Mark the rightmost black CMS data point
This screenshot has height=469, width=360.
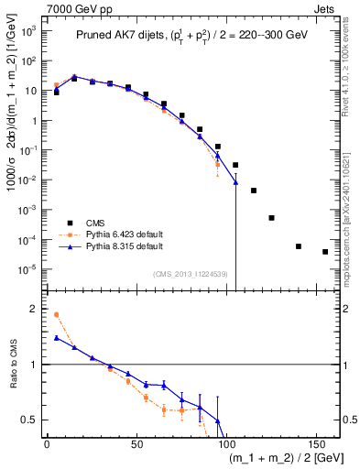(325, 252)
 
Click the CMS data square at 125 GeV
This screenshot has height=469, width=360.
(271, 218)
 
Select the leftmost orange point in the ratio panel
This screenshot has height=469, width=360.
(57, 314)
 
